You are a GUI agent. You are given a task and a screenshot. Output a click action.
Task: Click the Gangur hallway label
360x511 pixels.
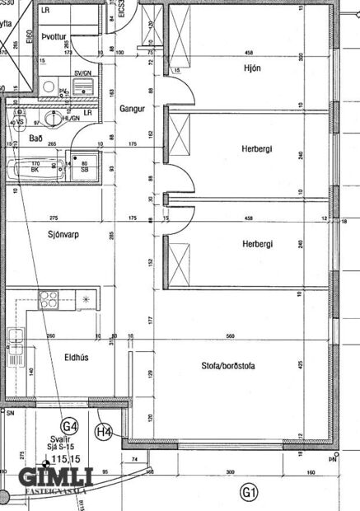tap(132, 109)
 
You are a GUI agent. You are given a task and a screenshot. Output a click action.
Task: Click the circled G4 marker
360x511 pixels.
tap(72, 426)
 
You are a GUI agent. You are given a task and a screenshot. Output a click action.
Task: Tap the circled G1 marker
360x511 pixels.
tap(248, 493)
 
